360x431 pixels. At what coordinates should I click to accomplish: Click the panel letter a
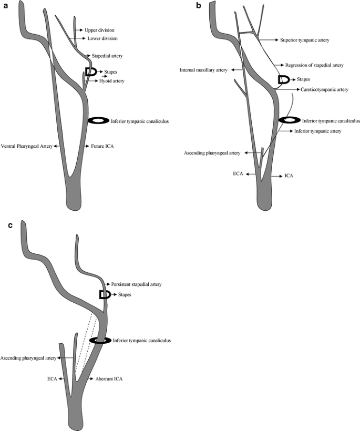click(x=5, y=5)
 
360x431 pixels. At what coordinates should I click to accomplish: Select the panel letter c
click(x=5, y=225)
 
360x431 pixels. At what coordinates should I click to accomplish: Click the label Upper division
click(x=99, y=30)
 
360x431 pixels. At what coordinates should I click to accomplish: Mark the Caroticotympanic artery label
click(x=321, y=90)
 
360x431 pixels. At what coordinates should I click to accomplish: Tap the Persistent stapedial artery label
click(x=136, y=284)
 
